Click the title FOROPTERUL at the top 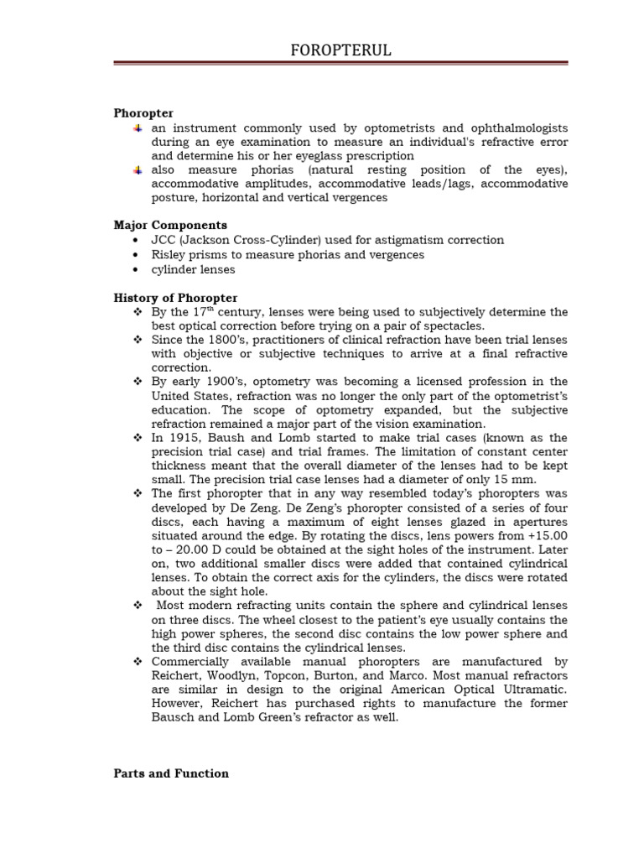335,51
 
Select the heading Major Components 170,225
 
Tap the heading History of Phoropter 175,298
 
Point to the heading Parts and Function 171,773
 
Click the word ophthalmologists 517,128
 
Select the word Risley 169,254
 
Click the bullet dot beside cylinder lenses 136,269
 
